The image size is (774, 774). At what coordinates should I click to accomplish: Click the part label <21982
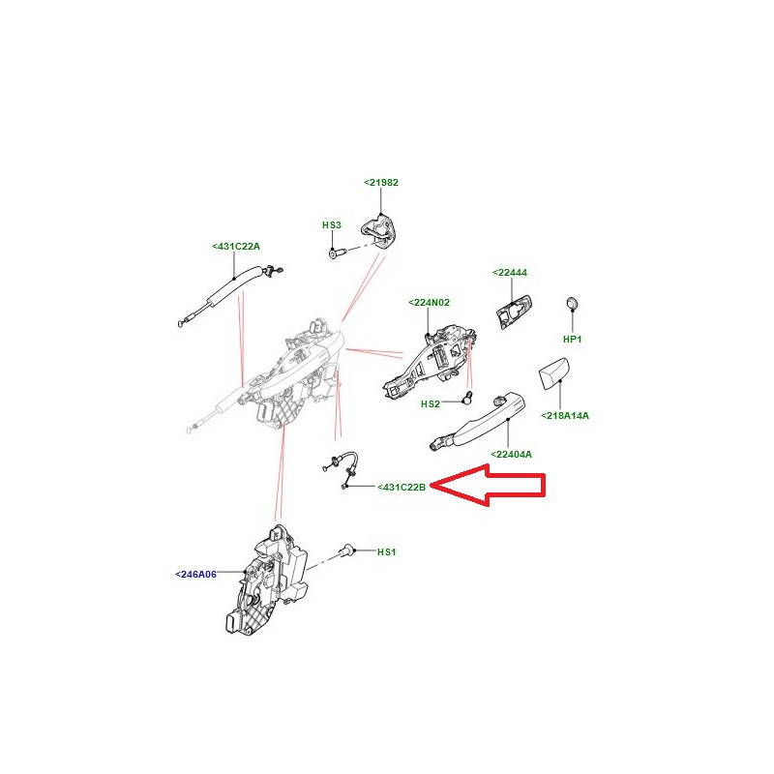tap(381, 183)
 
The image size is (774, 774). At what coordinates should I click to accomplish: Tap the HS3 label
tap(332, 225)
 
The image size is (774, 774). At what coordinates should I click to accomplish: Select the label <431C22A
tap(236, 247)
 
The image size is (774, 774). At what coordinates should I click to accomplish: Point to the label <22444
tap(510, 273)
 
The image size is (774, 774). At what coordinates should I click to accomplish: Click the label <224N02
tap(430, 303)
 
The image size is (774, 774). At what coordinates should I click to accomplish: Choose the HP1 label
tap(573, 340)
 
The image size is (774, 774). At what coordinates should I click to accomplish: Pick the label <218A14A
tap(565, 416)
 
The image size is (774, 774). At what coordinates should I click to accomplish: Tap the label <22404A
tap(512, 455)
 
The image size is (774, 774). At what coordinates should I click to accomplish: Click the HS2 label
tap(430, 404)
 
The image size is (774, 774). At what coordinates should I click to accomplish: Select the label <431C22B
tap(402, 488)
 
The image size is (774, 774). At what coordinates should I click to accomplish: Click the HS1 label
tap(386, 551)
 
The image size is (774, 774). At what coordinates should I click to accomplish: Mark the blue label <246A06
tap(196, 575)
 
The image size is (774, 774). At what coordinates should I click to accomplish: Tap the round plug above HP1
tap(572, 304)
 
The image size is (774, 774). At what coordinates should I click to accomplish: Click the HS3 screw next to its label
tap(337, 253)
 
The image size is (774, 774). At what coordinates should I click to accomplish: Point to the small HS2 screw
tap(467, 398)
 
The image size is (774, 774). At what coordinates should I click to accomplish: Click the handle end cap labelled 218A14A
tap(552, 373)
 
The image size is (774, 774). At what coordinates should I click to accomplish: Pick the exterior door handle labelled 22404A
tap(477, 421)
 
